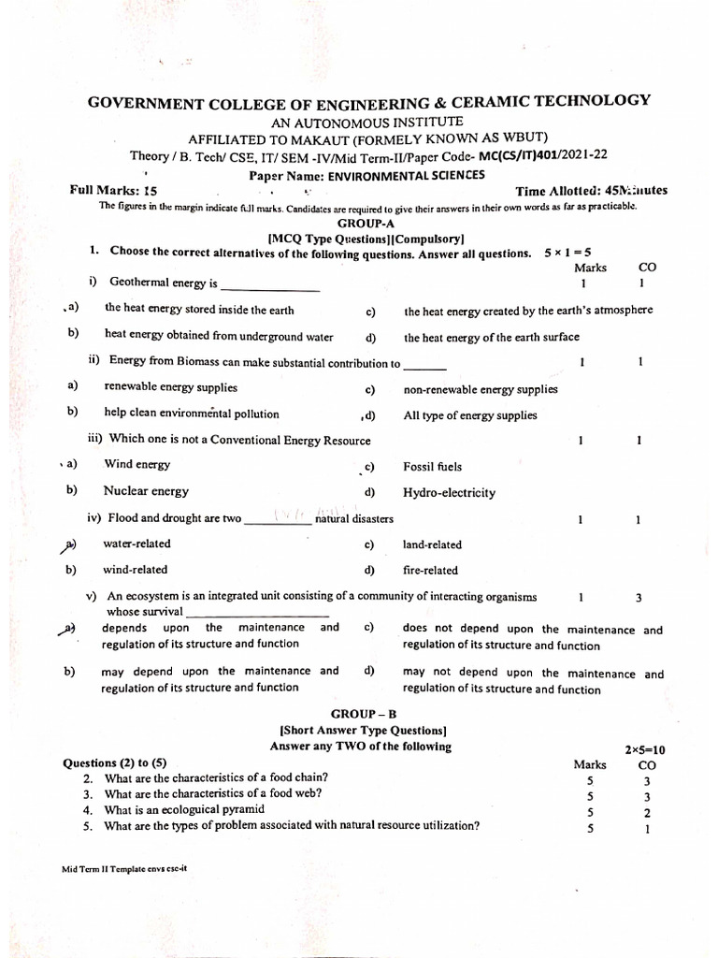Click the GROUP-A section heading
[x=359, y=225]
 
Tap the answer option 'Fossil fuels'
[x=432, y=467]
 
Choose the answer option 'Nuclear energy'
[x=146, y=491]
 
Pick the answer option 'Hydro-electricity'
[x=449, y=493]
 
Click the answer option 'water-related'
[x=136, y=544]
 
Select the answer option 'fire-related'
[x=430, y=571]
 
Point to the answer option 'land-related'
[x=432, y=544]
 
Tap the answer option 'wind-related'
[x=136, y=570]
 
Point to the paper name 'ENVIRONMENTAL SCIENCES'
[x=406, y=175]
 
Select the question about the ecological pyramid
[x=184, y=810]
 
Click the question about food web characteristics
[x=212, y=794]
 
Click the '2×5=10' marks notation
[x=644, y=749]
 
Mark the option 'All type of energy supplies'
[x=470, y=415]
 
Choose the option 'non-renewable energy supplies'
[x=480, y=390]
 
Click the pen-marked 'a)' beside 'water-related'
[x=68, y=544]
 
